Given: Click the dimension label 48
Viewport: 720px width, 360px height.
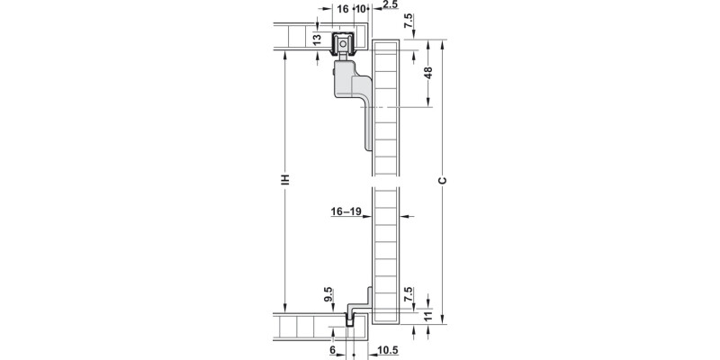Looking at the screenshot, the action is click(428, 73).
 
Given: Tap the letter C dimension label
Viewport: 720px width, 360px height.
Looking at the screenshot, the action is click(443, 181).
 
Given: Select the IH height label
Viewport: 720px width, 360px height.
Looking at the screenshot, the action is click(285, 179).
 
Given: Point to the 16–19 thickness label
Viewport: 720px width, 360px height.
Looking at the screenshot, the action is click(346, 211).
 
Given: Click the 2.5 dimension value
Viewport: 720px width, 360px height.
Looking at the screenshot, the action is click(390, 4).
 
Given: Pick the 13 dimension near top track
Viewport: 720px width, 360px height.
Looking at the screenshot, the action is click(317, 40).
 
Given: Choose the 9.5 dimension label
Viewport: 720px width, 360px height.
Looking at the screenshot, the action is click(328, 294).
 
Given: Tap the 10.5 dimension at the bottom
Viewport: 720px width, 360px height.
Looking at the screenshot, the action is click(388, 351).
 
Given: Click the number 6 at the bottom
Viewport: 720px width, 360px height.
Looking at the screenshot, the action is click(332, 351).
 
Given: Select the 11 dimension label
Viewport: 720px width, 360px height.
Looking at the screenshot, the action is click(428, 317).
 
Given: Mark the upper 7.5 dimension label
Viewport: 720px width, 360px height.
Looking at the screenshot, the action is click(409, 21).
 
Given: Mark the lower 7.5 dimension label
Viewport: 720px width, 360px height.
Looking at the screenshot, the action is click(409, 294).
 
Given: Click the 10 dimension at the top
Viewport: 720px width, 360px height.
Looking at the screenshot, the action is click(361, 9).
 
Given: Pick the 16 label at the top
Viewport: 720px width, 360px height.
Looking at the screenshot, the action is click(343, 9).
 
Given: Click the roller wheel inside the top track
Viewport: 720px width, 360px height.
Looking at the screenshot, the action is click(343, 44).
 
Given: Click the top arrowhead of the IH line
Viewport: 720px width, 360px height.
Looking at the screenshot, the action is click(285, 54).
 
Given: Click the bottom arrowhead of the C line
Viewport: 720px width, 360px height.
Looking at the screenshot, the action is click(443, 320).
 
